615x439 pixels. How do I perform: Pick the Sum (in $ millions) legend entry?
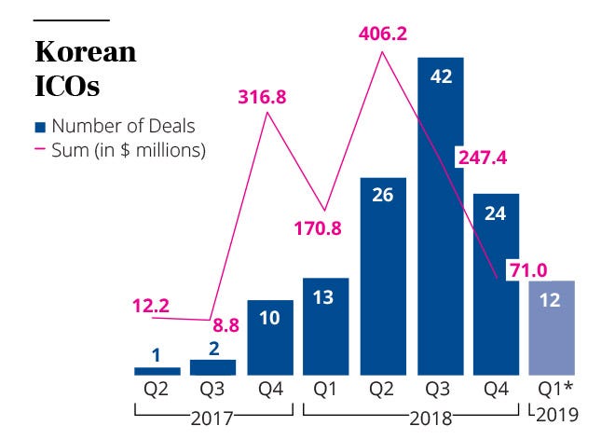(x=121, y=148)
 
